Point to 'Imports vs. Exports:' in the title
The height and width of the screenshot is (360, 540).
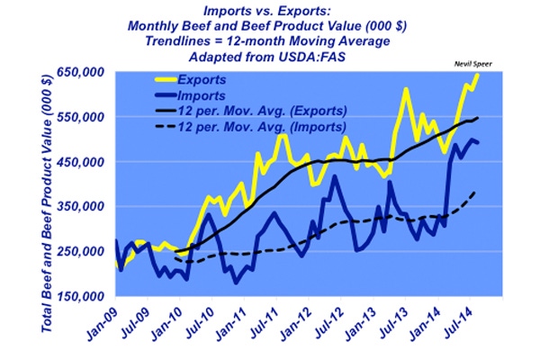pos(270,12)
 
